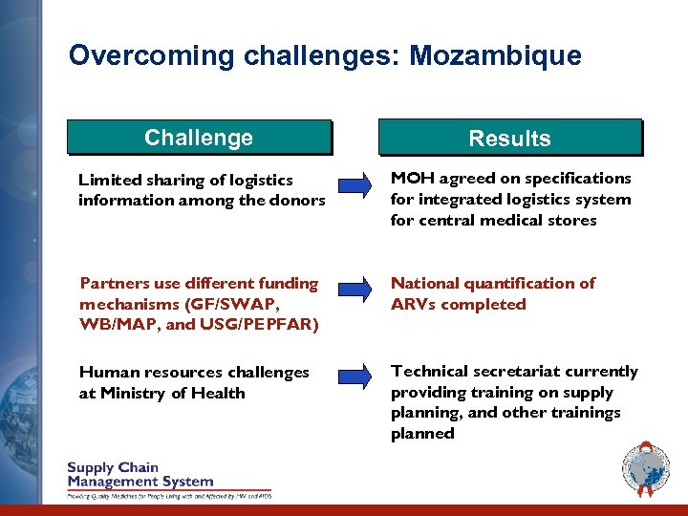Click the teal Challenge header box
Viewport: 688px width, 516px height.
[199, 138]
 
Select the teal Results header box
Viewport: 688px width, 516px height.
[509, 139]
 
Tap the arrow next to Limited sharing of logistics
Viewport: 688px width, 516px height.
[355, 184]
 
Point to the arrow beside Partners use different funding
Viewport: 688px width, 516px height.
[355, 289]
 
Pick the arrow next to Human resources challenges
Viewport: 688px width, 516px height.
[355, 376]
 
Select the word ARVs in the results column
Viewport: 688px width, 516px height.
[413, 305]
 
